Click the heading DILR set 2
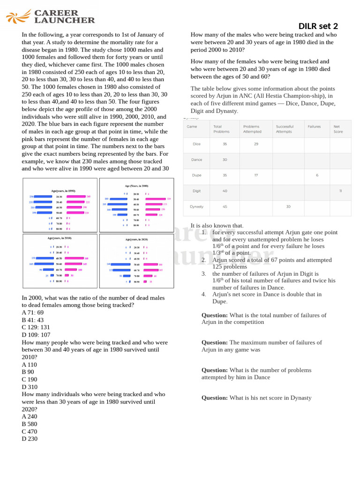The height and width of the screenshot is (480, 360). click(x=318, y=26)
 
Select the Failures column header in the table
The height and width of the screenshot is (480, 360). click(x=314, y=127)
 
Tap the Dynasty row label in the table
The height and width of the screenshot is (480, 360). click(x=196, y=207)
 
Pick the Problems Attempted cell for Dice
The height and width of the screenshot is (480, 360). click(x=256, y=144)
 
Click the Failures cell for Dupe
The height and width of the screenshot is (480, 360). click(x=317, y=175)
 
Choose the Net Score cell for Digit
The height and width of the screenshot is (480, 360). click(x=340, y=191)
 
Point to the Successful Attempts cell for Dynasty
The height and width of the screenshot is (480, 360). click(x=288, y=207)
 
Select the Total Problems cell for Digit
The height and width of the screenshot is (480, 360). click(x=225, y=191)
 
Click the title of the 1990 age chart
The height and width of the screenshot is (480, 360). click(x=63, y=191)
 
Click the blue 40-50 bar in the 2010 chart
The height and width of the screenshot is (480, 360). click(x=45, y=258)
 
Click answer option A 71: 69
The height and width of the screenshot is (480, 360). click(x=32, y=312)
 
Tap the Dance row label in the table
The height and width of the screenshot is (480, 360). click(x=196, y=160)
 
